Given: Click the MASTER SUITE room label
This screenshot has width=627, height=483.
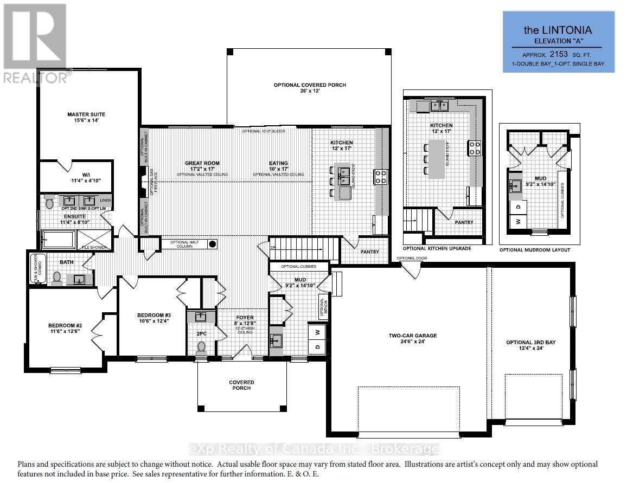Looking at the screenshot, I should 86,114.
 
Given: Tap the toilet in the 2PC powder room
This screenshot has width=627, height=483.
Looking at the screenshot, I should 202,346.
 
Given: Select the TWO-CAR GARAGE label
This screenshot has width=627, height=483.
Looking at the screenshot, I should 412,336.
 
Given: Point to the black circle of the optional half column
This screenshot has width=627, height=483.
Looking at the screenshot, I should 213,244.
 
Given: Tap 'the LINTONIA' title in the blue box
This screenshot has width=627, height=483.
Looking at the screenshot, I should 558,30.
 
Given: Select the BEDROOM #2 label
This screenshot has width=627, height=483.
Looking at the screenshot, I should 64,326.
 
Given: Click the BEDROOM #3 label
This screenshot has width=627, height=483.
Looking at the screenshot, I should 153,315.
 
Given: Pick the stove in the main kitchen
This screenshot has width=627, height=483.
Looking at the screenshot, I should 380,177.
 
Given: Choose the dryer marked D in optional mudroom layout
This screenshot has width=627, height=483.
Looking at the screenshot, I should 518,207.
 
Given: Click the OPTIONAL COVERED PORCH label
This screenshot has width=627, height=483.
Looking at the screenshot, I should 310,85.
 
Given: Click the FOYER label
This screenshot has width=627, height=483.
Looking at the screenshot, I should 240,318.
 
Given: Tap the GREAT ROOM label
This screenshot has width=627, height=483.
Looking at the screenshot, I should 201,163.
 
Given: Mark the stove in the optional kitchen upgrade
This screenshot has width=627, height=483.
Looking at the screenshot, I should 475,148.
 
